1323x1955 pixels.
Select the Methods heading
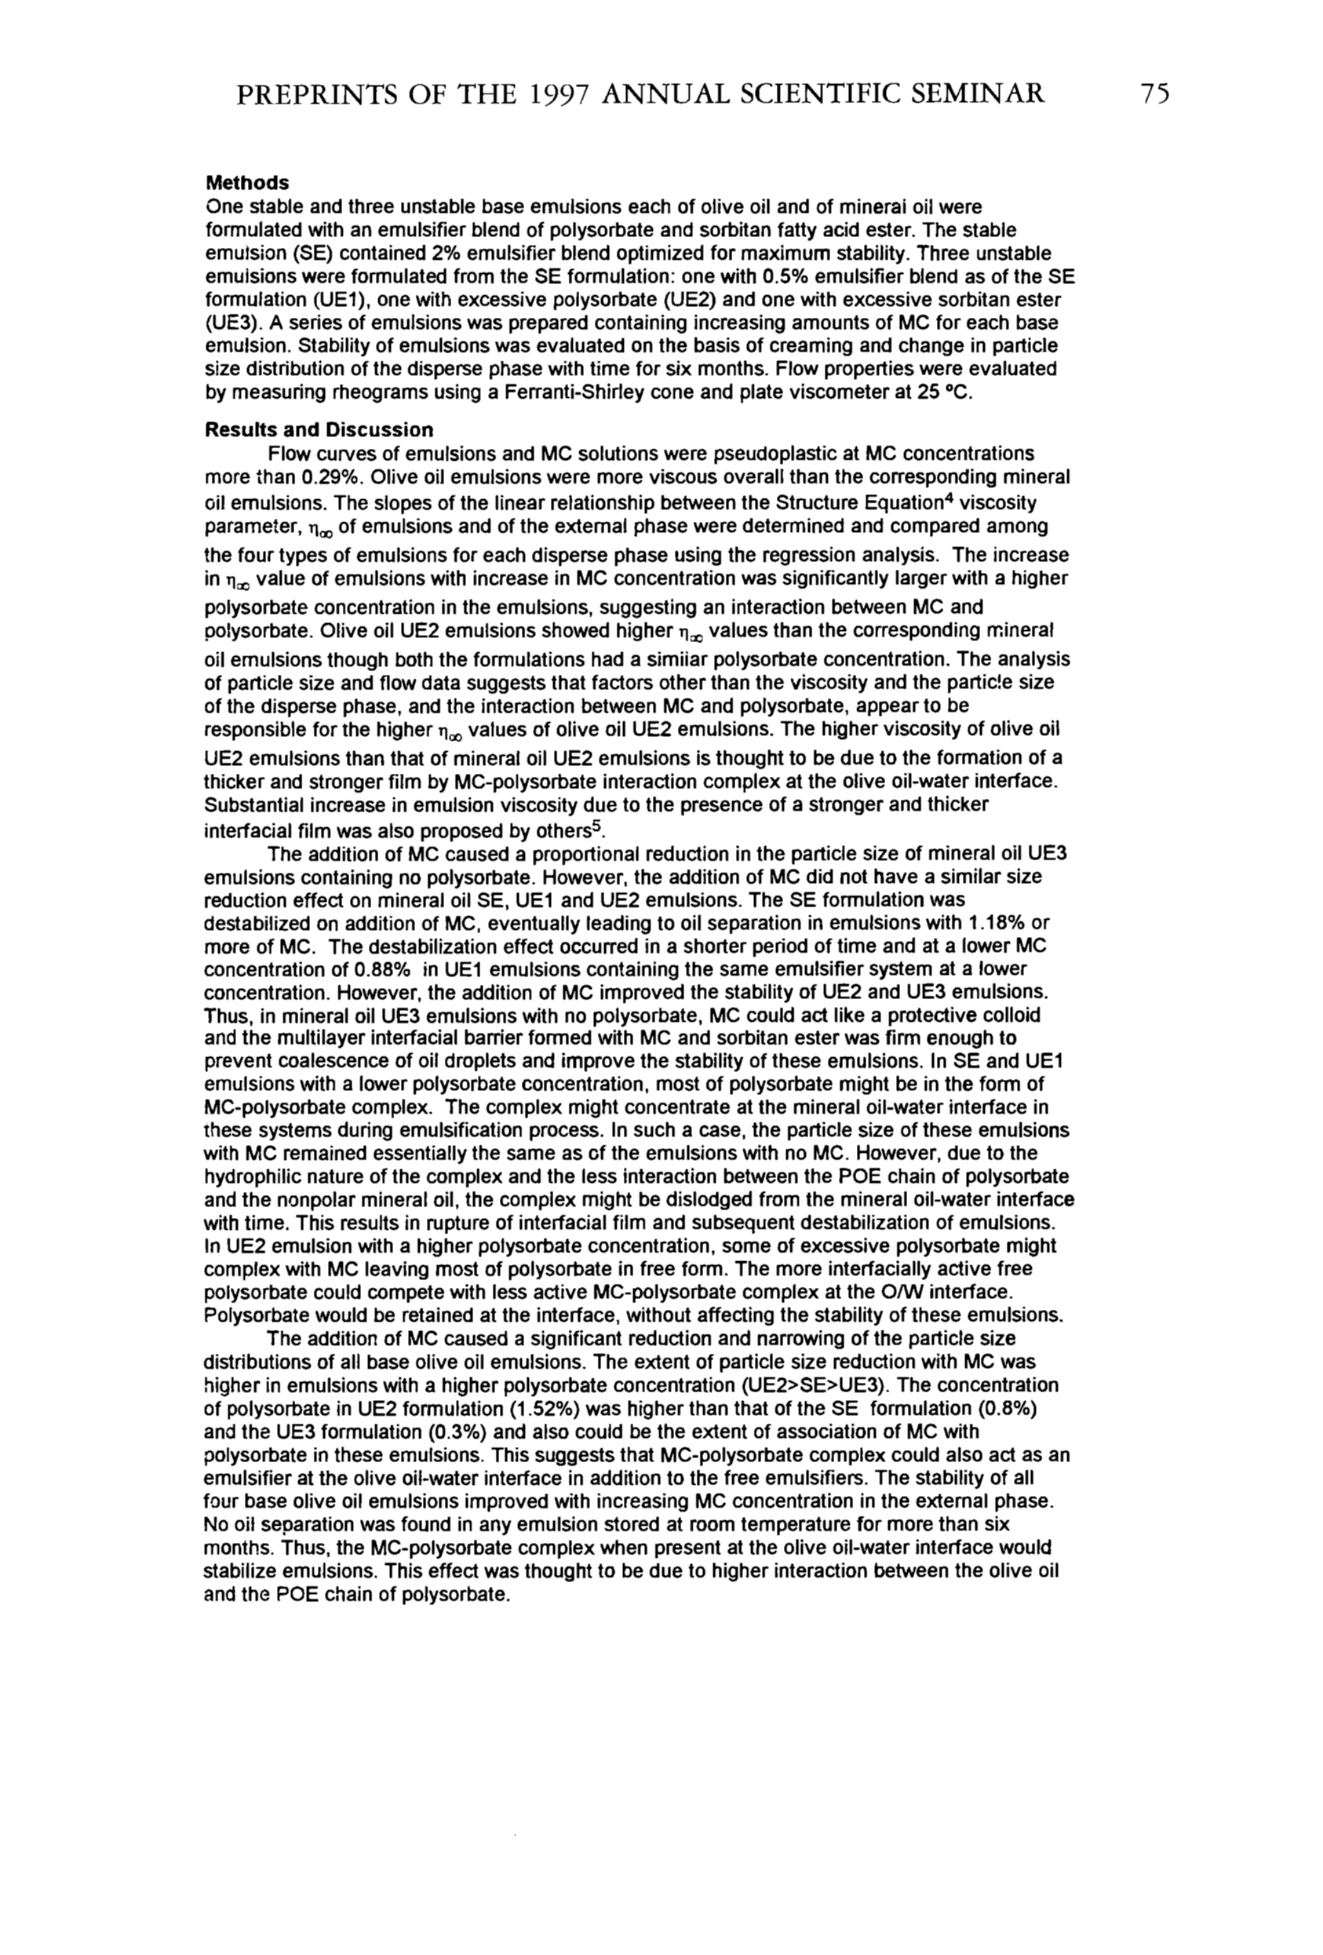coord(247,183)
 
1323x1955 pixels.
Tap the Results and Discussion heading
coord(319,430)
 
